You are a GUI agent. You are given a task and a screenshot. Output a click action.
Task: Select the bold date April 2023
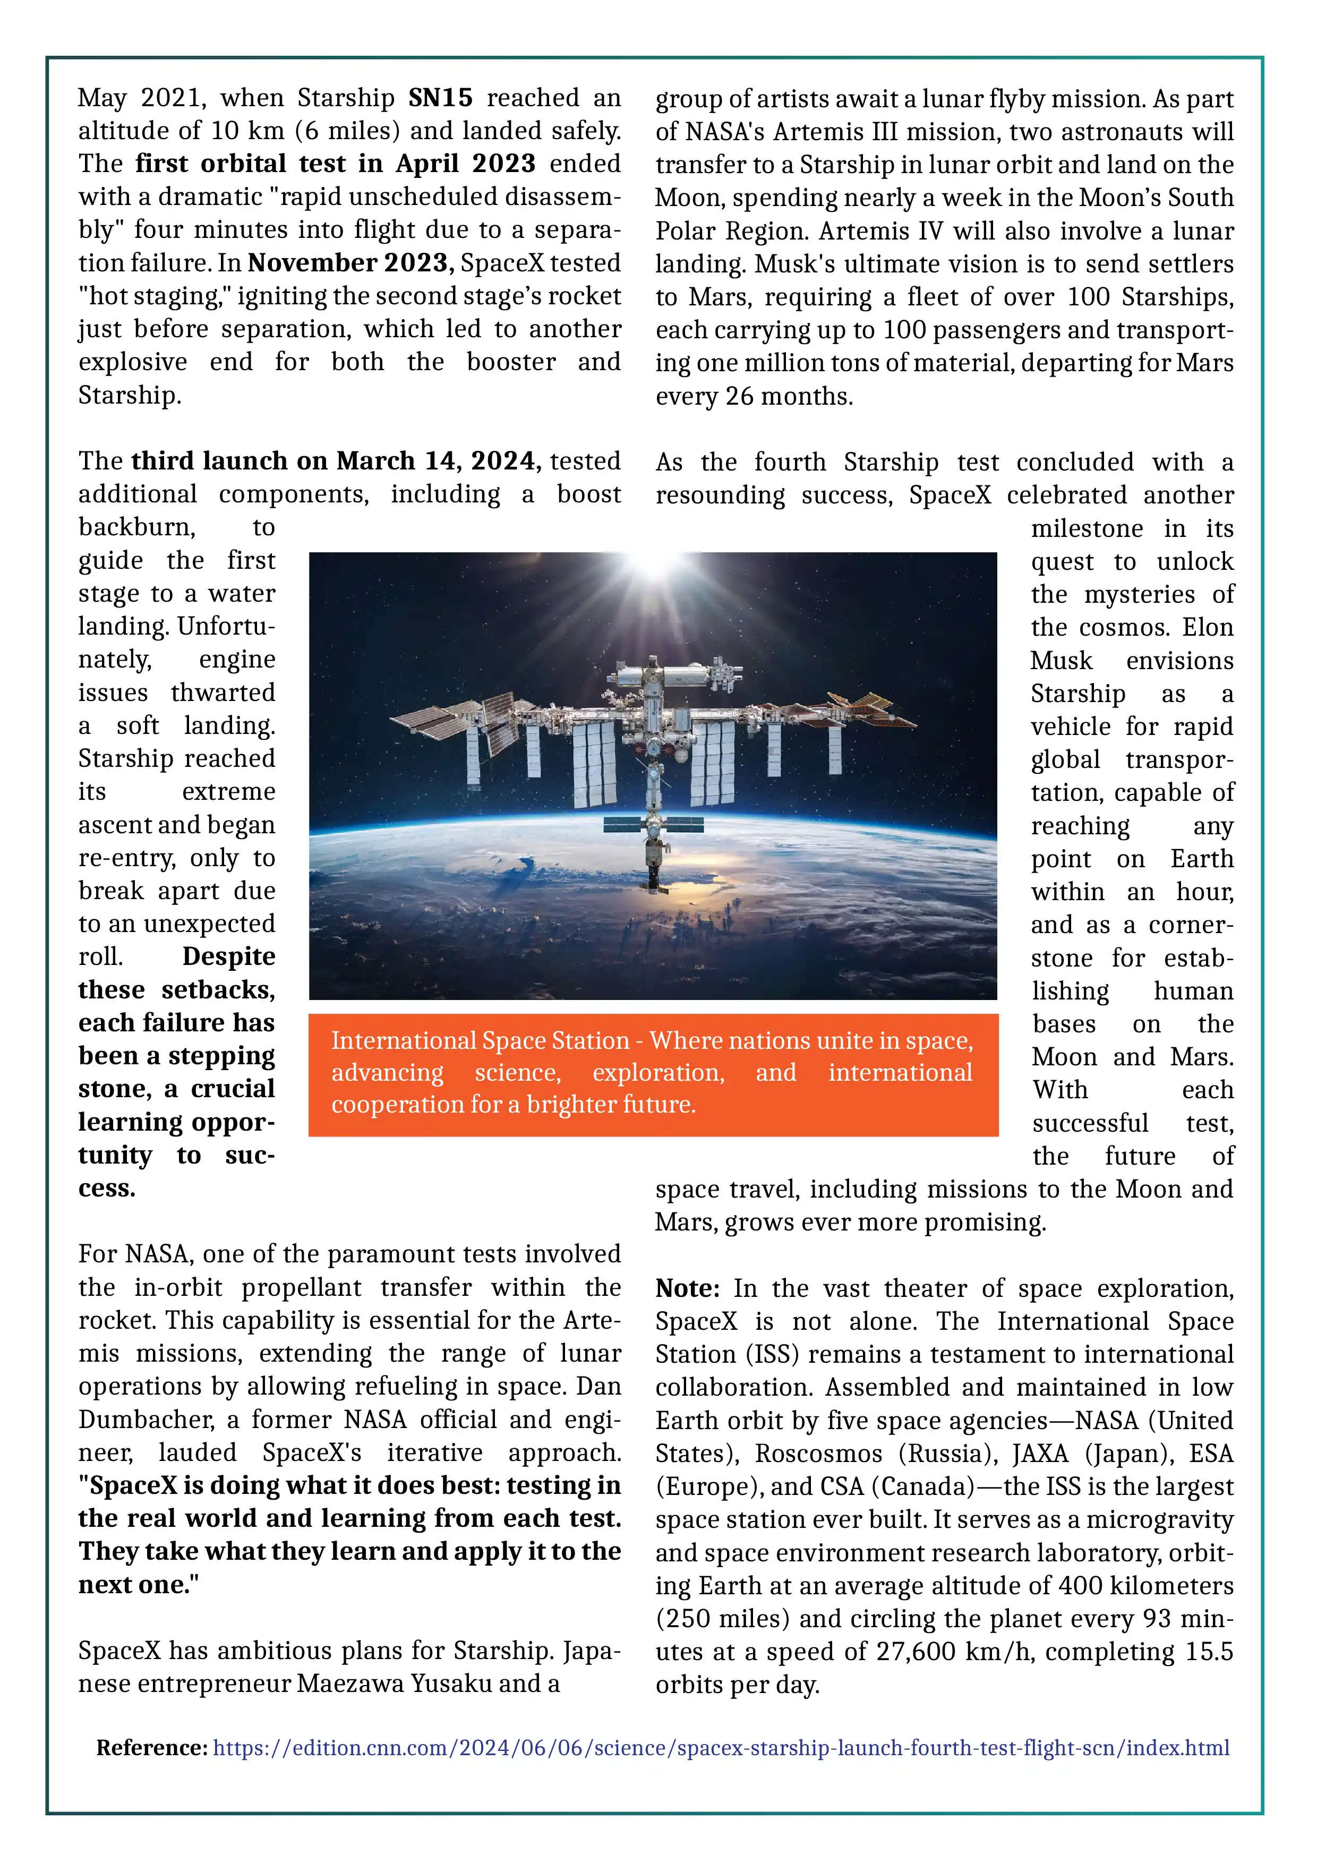(x=465, y=164)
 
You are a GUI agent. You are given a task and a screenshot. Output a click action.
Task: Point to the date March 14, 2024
(x=438, y=461)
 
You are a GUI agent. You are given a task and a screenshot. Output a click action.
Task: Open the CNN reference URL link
(x=721, y=1747)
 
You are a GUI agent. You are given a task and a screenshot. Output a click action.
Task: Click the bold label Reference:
(x=152, y=1747)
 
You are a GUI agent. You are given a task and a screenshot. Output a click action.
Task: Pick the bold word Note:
(x=687, y=1288)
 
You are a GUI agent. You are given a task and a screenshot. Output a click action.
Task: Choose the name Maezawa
(x=350, y=1683)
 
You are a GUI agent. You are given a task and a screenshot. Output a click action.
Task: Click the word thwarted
(x=223, y=693)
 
